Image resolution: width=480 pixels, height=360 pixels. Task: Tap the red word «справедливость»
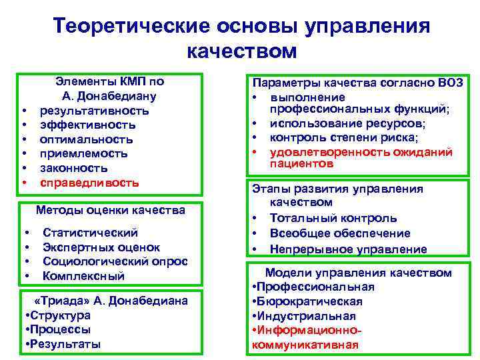[89, 182]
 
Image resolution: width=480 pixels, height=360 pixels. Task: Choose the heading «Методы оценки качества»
[111, 211]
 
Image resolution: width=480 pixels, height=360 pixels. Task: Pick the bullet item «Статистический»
[91, 233]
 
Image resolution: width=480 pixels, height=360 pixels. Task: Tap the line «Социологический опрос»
[115, 261]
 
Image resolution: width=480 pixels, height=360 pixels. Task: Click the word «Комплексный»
[84, 276]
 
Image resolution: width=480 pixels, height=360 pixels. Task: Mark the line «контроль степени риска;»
[344, 138]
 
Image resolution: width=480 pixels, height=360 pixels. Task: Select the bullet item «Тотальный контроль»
[333, 218]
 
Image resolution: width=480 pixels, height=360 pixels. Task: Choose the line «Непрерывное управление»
[348, 249]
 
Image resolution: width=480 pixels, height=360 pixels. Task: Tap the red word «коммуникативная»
[305, 345]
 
